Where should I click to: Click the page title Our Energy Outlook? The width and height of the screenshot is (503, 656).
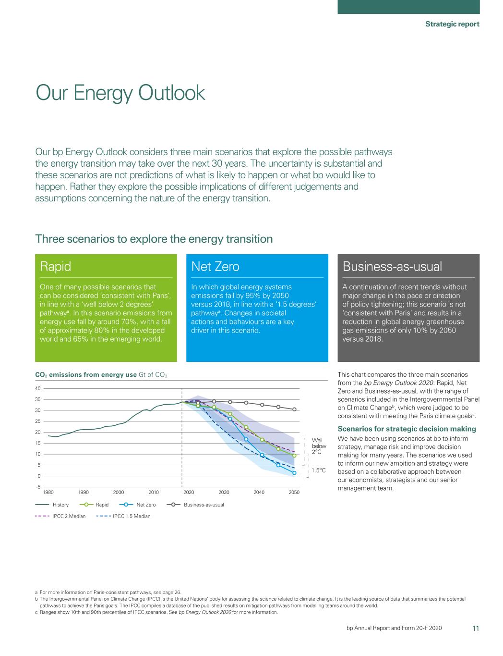tap(120, 93)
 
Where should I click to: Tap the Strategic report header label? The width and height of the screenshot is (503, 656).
tap(452, 24)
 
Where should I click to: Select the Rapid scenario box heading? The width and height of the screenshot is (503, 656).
tap(56, 266)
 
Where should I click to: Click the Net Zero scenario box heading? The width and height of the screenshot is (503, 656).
tap(215, 266)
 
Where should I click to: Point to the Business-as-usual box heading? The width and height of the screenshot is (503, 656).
tap(392, 266)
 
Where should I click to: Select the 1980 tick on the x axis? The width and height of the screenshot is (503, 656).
tap(48, 492)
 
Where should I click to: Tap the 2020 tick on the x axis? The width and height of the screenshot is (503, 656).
tap(189, 492)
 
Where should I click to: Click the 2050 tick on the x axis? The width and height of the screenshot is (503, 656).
tap(294, 492)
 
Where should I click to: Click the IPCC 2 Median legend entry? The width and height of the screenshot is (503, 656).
tap(69, 516)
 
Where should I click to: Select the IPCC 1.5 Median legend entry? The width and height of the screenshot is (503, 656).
tap(131, 516)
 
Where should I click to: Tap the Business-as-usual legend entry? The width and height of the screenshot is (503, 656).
tap(204, 505)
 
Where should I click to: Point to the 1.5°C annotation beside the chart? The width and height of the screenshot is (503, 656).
tap(319, 470)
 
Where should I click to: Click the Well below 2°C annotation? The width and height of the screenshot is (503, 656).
tap(319, 446)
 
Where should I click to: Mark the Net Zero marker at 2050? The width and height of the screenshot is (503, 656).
tap(294, 473)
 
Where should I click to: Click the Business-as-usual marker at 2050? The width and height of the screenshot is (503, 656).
tap(294, 409)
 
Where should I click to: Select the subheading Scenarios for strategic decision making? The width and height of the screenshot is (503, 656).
tap(407, 429)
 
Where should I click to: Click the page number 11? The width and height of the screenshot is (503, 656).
tap(476, 628)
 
